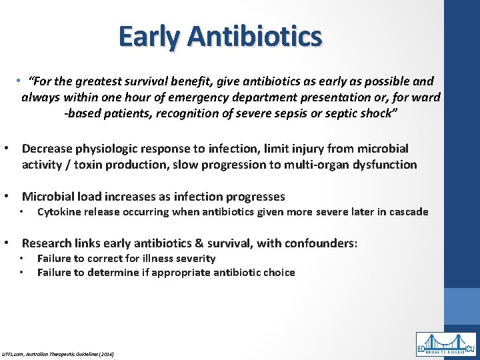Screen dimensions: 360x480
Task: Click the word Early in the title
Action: [149, 36]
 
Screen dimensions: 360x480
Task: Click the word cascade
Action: [407, 212]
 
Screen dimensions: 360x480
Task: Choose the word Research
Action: [48, 243]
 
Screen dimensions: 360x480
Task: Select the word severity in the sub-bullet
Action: [195, 258]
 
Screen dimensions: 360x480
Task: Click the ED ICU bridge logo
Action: [446, 345]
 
